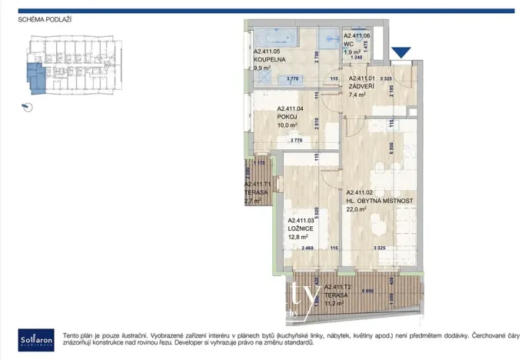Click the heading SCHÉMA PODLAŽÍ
click(x=45, y=18)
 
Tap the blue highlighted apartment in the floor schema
click(x=36, y=78)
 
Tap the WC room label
click(x=348, y=44)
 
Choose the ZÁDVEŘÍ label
click(x=361, y=86)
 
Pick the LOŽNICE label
click(x=300, y=228)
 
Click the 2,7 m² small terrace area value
click(x=253, y=201)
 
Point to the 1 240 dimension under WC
click(x=356, y=58)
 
